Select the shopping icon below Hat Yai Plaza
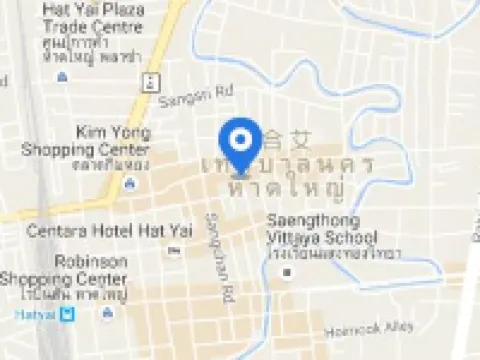click(x=62, y=76)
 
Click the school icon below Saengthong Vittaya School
click(x=288, y=271)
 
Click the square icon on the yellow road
click(x=149, y=81)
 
